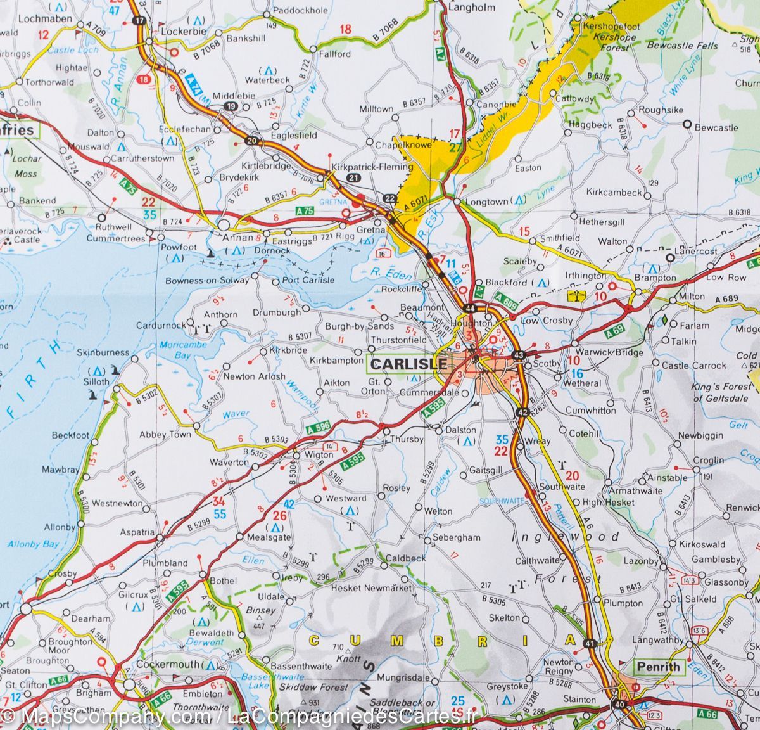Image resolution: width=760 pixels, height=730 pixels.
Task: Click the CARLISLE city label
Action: [x=408, y=364]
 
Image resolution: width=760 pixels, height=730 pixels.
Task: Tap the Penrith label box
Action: [x=658, y=667]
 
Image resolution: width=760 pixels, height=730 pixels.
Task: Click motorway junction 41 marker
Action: [x=590, y=643]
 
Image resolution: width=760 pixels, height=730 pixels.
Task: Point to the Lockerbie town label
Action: [x=183, y=31]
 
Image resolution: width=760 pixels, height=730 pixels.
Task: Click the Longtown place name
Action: [x=486, y=202]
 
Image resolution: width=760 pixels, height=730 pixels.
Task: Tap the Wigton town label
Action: [x=319, y=454]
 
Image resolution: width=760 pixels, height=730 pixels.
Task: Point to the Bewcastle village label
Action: [x=716, y=127]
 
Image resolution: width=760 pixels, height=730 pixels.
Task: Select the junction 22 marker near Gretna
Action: [x=390, y=199]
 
